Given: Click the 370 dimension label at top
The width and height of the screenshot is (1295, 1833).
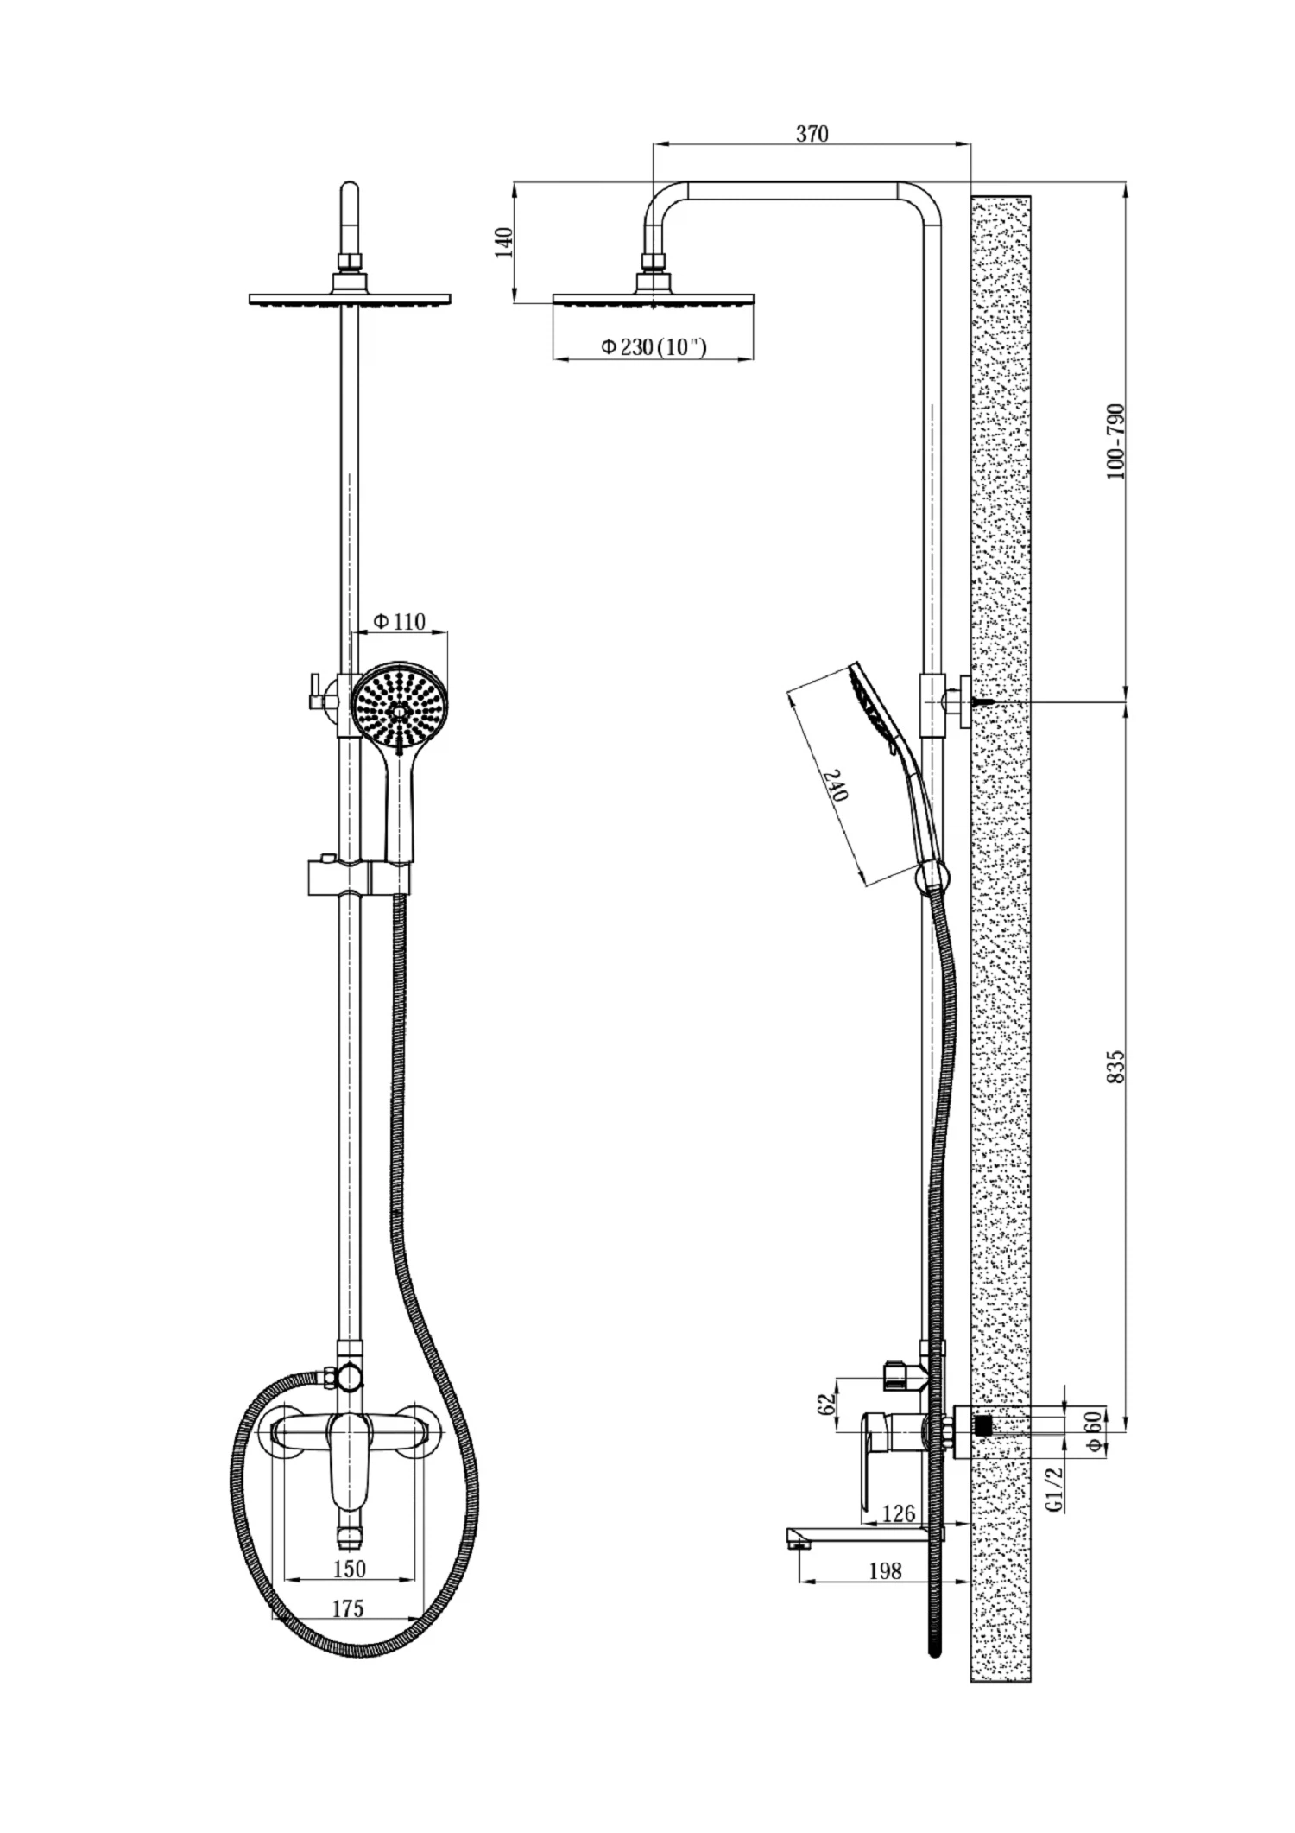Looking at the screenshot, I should tap(812, 134).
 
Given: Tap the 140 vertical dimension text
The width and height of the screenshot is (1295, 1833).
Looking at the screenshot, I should tap(506, 242).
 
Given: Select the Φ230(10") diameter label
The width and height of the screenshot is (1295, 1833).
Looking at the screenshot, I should tap(654, 347).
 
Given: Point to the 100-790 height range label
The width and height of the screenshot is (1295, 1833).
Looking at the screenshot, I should tap(1115, 441).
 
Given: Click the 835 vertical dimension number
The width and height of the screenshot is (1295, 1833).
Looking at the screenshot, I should tap(1115, 1068).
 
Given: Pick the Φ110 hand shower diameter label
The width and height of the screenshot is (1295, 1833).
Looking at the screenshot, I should tap(400, 621).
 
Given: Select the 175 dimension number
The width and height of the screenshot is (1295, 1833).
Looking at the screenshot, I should tap(348, 1608).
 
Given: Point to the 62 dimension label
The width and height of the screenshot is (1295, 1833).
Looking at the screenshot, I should tap(826, 1404).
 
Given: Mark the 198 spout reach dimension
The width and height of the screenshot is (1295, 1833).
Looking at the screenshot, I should tap(885, 1570).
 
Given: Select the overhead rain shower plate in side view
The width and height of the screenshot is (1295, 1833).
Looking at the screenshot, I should tap(654, 299).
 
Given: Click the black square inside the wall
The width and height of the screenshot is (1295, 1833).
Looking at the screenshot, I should tap(982, 1425).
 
